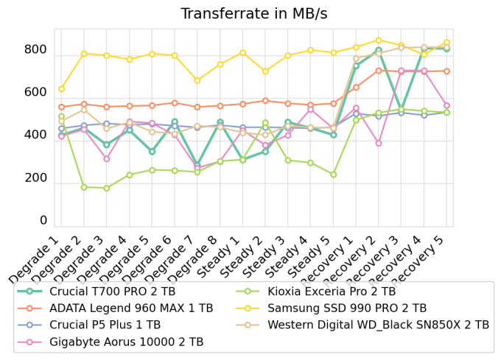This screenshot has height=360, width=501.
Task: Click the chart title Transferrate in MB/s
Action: pyautogui.click(x=254, y=14)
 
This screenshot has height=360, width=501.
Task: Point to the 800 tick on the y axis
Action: pyautogui.click(x=35, y=50)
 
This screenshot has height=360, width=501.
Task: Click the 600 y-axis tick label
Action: pyautogui.click(x=35, y=93)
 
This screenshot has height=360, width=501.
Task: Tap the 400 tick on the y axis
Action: pyautogui.click(x=35, y=135)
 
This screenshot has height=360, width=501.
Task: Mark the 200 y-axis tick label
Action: pyautogui.click(x=35, y=178)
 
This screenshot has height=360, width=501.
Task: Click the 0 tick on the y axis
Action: pyautogui.click(x=43, y=221)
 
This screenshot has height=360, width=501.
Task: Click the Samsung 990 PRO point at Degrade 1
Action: pyautogui.click(x=61, y=89)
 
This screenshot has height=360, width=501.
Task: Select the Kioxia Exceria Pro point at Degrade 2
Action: pyautogui.click(x=84, y=187)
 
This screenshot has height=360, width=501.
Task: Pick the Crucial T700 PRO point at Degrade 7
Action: pyautogui.click(x=197, y=166)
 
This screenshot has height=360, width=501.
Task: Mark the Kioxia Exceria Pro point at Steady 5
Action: pyautogui.click(x=333, y=174)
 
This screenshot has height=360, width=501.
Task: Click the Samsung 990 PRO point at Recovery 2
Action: pyautogui.click(x=379, y=40)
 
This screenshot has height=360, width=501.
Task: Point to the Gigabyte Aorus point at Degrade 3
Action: pyautogui.click(x=107, y=159)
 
